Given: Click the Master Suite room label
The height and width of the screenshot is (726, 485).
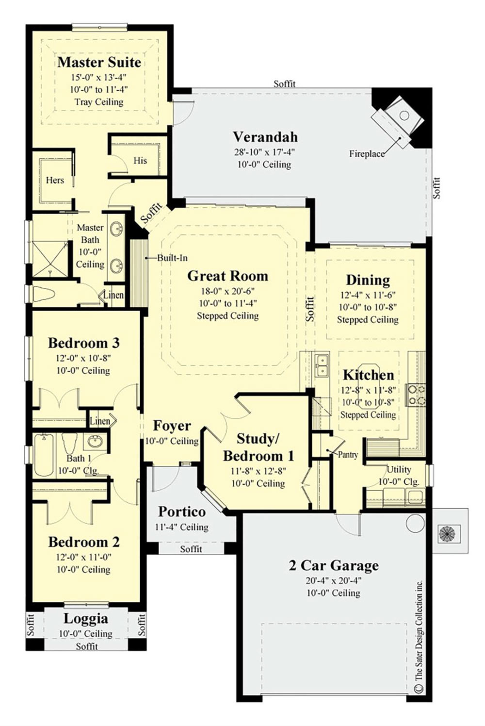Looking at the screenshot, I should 99,62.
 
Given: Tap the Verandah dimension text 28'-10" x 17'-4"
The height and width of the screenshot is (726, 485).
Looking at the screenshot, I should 264,151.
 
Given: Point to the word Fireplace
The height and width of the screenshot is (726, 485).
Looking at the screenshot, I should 367,154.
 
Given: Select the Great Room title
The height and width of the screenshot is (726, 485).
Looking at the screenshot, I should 227,276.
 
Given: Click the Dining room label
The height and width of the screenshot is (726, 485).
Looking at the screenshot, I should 368,280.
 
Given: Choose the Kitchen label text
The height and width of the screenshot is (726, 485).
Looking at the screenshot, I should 368,375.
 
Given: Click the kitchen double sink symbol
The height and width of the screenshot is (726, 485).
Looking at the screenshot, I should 321,365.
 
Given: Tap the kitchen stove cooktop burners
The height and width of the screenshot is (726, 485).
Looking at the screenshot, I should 416,395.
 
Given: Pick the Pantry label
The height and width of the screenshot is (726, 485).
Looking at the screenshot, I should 348,455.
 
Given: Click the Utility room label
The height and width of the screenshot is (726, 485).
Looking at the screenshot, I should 399,469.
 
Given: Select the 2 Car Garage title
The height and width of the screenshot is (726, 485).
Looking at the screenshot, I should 334,565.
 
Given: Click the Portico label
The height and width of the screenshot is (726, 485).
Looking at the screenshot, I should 182,511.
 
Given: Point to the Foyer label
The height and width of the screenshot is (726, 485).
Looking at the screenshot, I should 172,426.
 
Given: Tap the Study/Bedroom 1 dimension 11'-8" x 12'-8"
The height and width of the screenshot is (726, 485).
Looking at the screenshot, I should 258,470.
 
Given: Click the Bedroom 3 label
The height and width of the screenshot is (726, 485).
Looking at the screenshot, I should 83,343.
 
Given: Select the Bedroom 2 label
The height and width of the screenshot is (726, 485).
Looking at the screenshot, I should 83,542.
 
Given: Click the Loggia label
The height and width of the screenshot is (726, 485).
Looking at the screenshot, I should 86,619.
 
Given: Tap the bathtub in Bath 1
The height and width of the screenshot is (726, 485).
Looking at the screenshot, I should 44,455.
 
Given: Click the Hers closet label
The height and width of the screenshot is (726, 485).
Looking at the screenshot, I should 55,180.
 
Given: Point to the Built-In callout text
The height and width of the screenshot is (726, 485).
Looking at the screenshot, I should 172,258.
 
